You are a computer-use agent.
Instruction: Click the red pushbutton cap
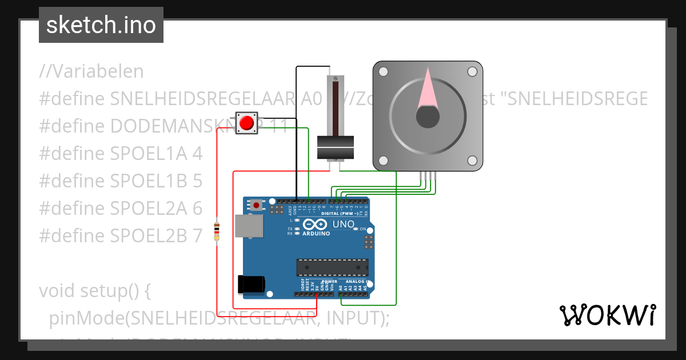point(247,123)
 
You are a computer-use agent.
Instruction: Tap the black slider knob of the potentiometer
point(336,147)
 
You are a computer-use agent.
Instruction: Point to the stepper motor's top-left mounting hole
point(384,71)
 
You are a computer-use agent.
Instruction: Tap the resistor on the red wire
point(217,231)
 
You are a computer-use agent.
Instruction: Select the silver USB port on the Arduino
point(249,226)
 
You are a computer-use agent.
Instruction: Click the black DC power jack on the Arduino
point(251,284)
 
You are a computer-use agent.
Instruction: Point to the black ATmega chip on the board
point(332,267)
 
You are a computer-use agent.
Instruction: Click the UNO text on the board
point(344,224)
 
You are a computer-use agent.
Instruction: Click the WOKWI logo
point(607,315)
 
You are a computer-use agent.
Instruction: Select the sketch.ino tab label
point(101,25)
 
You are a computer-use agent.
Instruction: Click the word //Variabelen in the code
point(91,71)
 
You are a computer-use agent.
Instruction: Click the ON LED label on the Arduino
point(362,229)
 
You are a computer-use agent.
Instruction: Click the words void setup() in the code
point(94,291)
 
